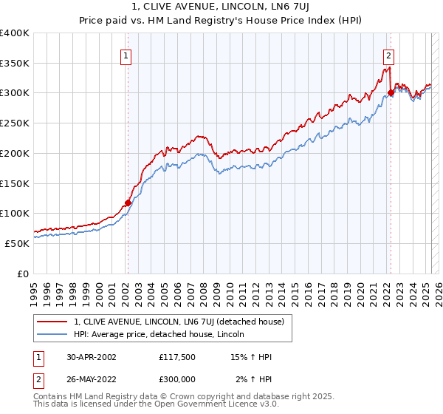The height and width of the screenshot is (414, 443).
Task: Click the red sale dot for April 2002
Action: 128,203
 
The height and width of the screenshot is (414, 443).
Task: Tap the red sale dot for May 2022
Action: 391,92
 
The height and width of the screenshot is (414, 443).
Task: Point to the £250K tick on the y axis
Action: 15,123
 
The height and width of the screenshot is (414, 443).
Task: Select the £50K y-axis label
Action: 16,243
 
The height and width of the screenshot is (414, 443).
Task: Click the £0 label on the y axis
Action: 23,274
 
